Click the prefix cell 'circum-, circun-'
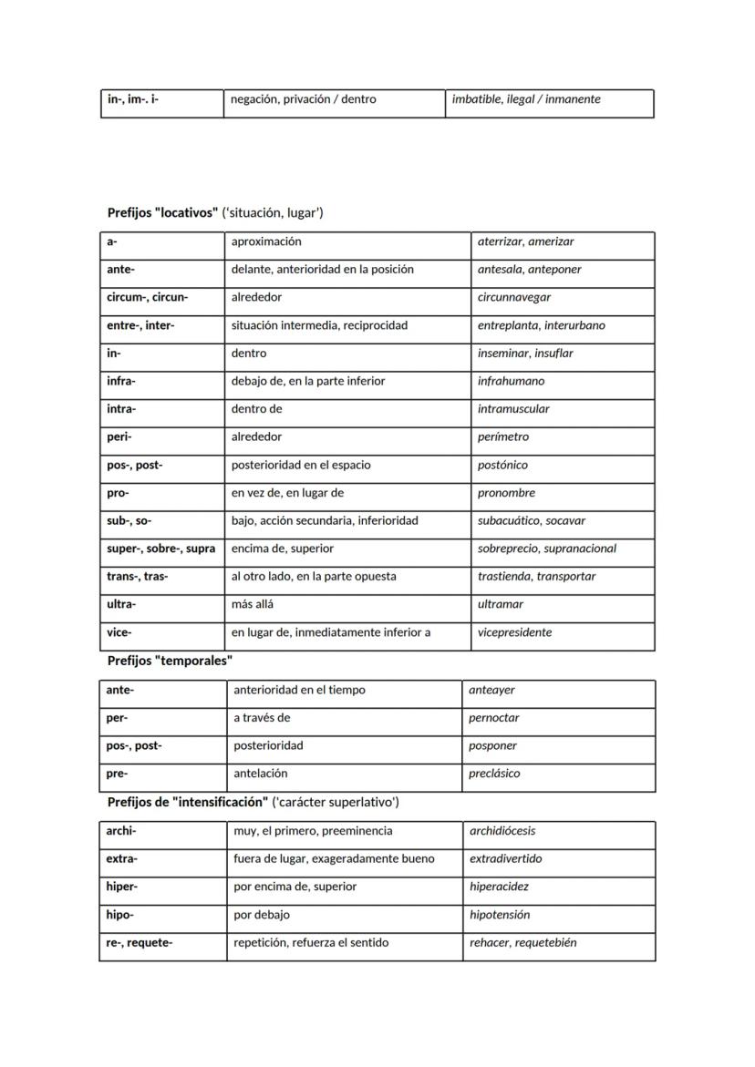[147, 297]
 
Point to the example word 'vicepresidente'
[514, 632]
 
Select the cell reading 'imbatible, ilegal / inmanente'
[526, 99]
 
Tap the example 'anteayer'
[491, 690]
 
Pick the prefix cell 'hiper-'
[122, 887]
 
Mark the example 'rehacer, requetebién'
[522, 943]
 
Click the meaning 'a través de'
[262, 718]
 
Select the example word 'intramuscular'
[513, 409]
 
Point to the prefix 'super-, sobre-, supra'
[160, 549]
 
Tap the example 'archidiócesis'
[502, 831]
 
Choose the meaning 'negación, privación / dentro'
[303, 99]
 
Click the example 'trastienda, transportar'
[536, 577]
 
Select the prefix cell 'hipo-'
[120, 915]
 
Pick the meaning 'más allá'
[253, 604]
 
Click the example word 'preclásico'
[494, 774]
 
